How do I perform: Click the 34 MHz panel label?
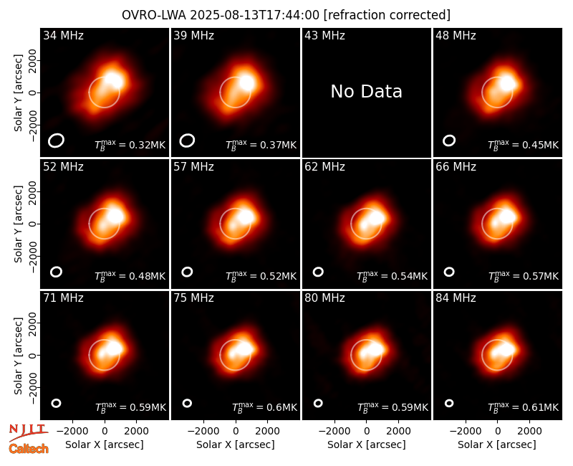pyautogui.click(x=63, y=35)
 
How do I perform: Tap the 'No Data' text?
pyautogui.click(x=366, y=92)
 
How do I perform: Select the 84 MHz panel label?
pyautogui.click(x=456, y=298)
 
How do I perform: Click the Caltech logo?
pyautogui.click(x=29, y=449)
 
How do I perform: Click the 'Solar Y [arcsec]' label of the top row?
pyautogui.click(x=18, y=93)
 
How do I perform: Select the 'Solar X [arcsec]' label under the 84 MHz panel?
pyautogui.click(x=497, y=444)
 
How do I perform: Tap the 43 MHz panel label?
pyautogui.click(x=325, y=35)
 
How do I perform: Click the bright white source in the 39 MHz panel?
pyautogui.click(x=246, y=82)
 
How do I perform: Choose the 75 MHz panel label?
pyautogui.click(x=193, y=298)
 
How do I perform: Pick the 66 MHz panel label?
pyautogui.click(x=456, y=167)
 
